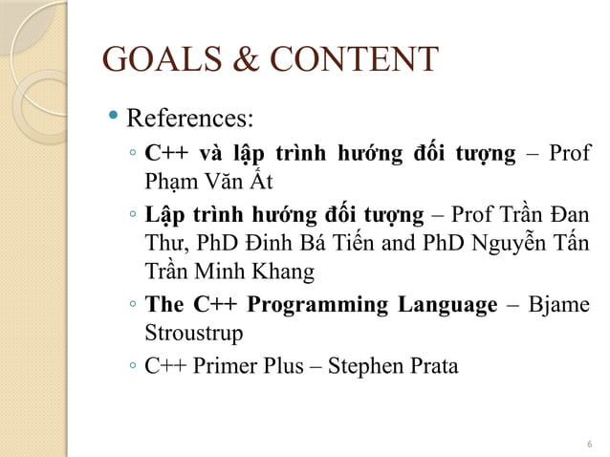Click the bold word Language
[x=448, y=305]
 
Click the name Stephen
[x=366, y=366]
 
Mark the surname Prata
[x=434, y=366]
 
